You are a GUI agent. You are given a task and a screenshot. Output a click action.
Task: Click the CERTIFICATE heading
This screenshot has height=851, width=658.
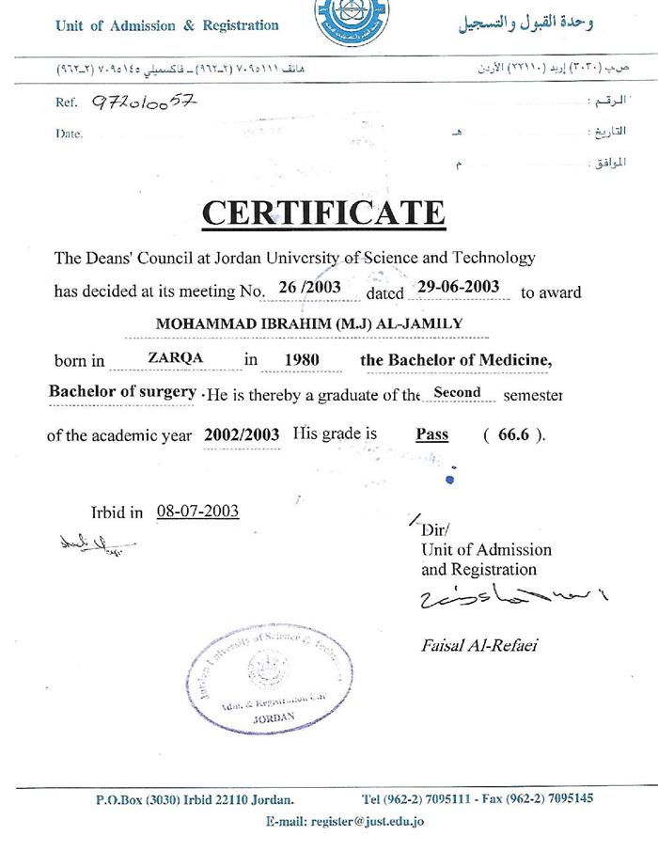click(x=322, y=213)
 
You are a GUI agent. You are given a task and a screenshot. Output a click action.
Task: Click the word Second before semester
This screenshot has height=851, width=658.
click(x=457, y=392)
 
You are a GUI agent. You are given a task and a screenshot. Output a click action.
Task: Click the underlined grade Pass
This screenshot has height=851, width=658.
click(x=432, y=434)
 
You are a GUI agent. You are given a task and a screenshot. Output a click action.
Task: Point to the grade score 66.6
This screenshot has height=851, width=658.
click(x=513, y=434)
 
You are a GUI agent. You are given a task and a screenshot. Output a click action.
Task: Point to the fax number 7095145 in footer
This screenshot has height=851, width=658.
click(x=564, y=799)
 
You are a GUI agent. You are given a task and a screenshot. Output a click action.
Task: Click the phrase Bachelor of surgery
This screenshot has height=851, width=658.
click(x=123, y=392)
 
